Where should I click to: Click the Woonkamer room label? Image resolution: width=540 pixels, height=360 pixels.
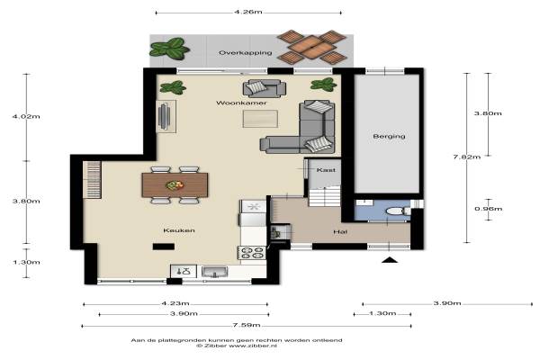click(241, 103)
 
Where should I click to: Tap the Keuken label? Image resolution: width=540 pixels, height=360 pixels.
click(179, 230)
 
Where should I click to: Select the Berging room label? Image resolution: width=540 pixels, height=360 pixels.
click(389, 136)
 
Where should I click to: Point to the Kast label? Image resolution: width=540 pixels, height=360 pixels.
click(326, 170)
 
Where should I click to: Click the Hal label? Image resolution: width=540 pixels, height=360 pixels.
click(340, 232)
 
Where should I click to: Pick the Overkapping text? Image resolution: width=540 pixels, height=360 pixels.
click(245, 53)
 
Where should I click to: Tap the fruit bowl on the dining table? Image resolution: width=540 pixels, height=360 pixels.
click(175, 185)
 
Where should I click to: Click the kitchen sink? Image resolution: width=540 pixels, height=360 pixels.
click(214, 272)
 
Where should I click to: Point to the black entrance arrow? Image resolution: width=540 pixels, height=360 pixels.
click(390, 260)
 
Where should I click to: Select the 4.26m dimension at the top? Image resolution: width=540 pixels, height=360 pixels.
click(248, 12)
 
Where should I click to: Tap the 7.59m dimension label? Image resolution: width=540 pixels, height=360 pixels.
click(247, 325)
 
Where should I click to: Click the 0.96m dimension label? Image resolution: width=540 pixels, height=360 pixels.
click(489, 209)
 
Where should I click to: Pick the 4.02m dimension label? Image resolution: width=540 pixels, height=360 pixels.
click(26, 116)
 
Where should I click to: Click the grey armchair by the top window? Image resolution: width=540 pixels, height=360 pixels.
click(264, 88)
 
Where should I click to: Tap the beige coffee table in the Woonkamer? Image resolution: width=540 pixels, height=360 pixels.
click(260, 119)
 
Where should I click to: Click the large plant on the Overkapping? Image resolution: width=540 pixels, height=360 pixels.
click(169, 49)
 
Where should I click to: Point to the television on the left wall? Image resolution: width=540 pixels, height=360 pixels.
click(164, 117)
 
